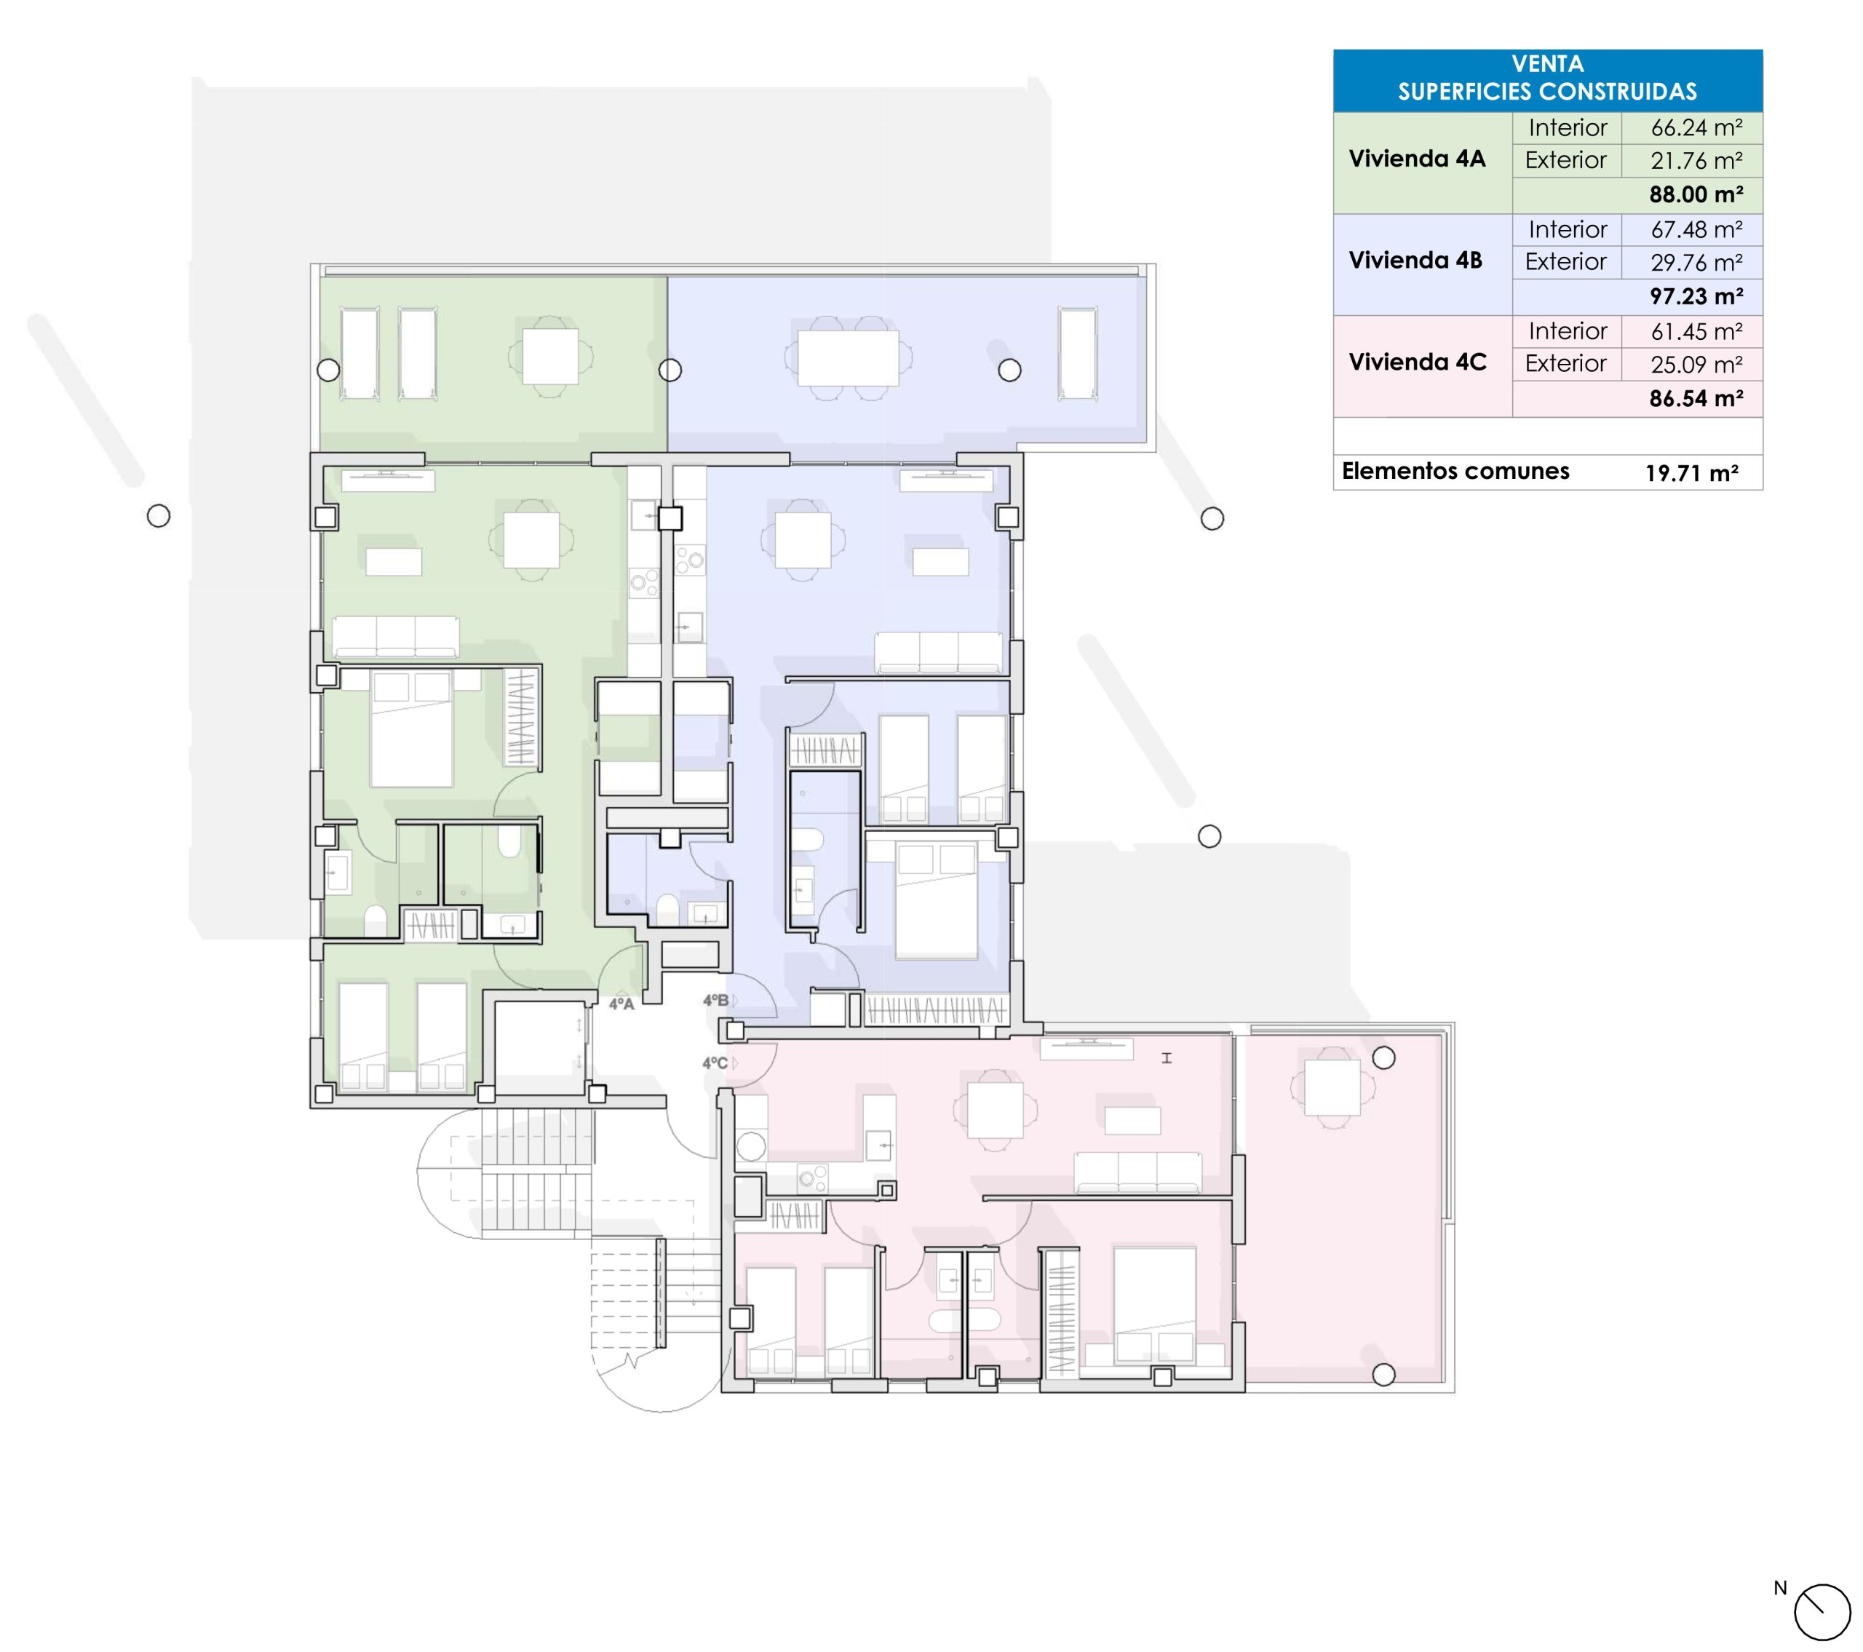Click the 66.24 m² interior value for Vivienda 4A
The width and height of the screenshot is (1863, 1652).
pos(1696,127)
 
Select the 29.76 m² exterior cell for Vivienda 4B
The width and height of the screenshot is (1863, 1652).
pos(1696,263)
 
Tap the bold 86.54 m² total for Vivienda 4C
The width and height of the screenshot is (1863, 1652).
pos(1696,398)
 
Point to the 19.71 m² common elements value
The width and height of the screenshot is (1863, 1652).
pos(1692,473)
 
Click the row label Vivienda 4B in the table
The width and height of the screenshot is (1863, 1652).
pos(1415,261)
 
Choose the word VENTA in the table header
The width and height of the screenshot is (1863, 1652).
pos(1548,64)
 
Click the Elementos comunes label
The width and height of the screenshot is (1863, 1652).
pos(1455,472)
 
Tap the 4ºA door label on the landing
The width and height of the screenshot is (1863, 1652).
pos(621,1004)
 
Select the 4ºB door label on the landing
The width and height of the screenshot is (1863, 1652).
pos(716,1000)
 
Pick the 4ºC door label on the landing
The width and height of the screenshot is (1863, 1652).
pos(715,1063)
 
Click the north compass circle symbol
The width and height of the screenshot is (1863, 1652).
pos(1823,1613)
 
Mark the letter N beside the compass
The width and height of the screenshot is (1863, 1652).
pos(1780,1588)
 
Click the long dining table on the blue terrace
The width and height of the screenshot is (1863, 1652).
pos(848,358)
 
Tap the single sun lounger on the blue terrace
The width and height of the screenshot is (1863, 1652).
pos(1077,353)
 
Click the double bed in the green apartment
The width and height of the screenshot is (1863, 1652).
pos(411,728)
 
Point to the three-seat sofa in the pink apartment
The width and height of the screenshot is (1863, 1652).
pos(1137,1172)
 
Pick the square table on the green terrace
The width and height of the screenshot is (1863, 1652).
pos(549,357)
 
